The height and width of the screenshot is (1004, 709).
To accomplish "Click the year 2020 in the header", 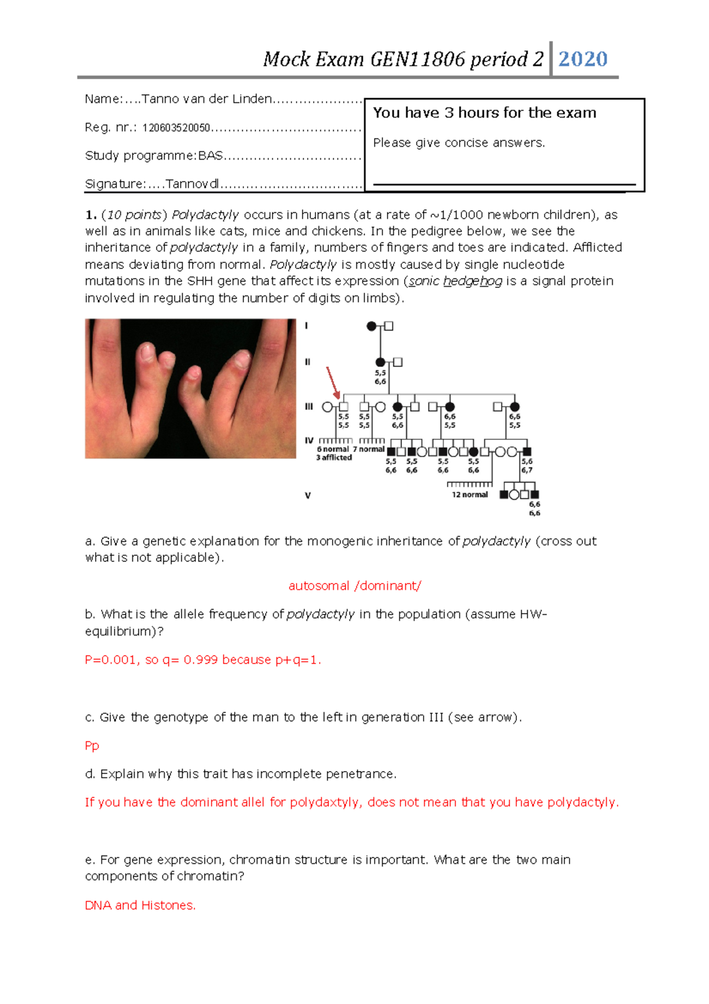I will (x=583, y=59).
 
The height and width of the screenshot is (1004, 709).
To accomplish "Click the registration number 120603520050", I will (x=176, y=128).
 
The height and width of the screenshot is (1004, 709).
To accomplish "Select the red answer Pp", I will (x=92, y=746).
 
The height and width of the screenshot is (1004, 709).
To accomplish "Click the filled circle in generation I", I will (x=372, y=326).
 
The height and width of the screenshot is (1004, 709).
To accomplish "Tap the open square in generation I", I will (x=389, y=326).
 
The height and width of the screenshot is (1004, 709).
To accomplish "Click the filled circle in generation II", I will (x=380, y=362).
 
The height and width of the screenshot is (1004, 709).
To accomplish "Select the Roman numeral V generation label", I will (x=308, y=495).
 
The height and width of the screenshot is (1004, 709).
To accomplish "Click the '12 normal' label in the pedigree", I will (x=470, y=495).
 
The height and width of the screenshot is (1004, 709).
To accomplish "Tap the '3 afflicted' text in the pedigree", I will (x=334, y=458).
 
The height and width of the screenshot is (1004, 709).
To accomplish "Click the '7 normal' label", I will (x=369, y=449).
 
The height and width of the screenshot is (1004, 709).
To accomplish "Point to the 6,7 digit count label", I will (x=526, y=470).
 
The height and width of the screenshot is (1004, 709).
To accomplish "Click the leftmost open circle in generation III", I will (x=327, y=407).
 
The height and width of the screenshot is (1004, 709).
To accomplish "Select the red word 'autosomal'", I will (x=319, y=586).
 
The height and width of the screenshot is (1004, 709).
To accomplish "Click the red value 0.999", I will (x=200, y=660).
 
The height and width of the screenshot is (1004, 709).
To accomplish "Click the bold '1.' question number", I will (x=90, y=215).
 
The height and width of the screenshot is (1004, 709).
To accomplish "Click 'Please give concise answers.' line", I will (x=459, y=142).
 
